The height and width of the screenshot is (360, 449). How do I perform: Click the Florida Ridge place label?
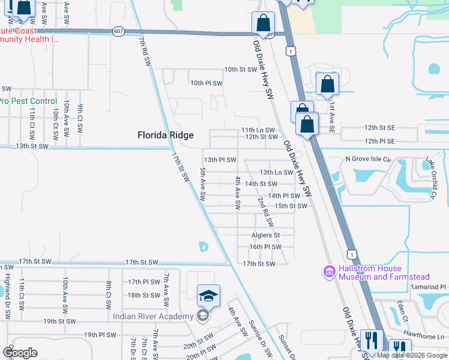click(165, 136)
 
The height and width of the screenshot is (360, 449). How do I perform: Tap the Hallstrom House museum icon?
click(329, 272)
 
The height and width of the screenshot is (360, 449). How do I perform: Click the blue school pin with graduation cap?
click(208, 296)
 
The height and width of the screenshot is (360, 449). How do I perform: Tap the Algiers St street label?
click(265, 235)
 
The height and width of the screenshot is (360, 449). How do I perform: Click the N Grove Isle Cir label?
click(368, 160)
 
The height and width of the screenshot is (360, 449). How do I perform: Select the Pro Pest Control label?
click(28, 101)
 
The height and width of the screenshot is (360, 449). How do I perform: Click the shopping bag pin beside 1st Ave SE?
click(327, 85)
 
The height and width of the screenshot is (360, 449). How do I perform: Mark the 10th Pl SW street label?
click(206, 83)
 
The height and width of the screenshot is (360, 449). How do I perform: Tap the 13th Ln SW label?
click(276, 173)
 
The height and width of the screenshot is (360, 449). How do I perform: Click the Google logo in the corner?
click(20, 352)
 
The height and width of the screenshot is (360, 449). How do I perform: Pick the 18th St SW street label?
click(143, 295)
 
